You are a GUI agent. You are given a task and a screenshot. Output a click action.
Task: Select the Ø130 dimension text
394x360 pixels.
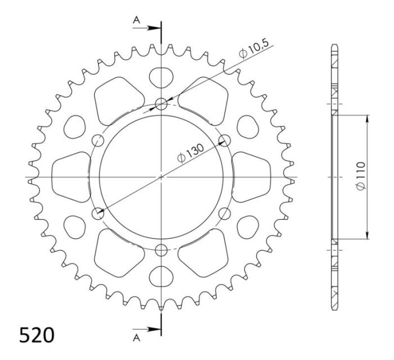point(190,154)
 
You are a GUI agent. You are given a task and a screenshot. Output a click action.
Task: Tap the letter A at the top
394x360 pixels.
point(136,20)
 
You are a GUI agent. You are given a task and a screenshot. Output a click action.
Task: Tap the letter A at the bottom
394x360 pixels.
point(136,339)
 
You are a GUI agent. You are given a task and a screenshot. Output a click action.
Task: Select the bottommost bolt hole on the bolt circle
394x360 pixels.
point(162,250)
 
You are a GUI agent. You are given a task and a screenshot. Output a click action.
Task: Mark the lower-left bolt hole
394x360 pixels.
point(98,213)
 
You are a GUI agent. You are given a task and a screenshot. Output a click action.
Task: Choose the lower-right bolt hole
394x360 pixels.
point(225,213)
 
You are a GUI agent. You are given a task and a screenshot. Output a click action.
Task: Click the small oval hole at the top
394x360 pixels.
point(162,76)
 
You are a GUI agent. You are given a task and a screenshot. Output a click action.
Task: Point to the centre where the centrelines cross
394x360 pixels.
point(162,176)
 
